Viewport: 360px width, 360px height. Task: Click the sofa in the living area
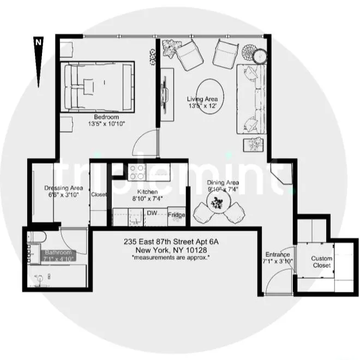(x=250, y=100)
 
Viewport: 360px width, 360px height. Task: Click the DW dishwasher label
(x=152, y=213)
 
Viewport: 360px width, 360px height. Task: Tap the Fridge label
(x=176, y=215)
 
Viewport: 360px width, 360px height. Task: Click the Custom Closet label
(x=321, y=262)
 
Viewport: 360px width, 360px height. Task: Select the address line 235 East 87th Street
(x=174, y=242)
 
